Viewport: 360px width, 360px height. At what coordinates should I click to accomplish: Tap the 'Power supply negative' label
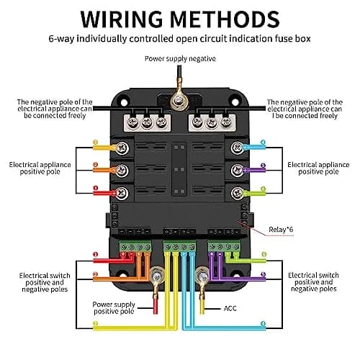click(x=180, y=59)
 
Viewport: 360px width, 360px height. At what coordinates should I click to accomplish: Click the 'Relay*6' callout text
click(x=281, y=230)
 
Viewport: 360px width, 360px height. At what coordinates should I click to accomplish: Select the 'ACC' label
click(x=230, y=308)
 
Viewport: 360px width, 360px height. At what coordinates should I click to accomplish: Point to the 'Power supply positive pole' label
click(x=114, y=308)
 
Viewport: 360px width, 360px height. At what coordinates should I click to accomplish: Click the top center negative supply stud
click(x=179, y=100)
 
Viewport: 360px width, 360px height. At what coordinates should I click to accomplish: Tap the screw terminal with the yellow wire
click(x=122, y=148)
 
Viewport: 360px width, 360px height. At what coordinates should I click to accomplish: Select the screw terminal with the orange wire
click(x=122, y=171)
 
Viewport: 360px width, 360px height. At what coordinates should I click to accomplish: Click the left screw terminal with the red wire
click(x=122, y=193)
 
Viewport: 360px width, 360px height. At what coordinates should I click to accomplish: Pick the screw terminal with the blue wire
click(x=238, y=148)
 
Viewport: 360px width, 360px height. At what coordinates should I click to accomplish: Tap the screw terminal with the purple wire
click(x=238, y=170)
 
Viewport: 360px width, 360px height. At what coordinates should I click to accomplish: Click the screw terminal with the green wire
click(x=238, y=193)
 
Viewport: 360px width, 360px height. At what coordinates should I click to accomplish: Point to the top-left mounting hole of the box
click(x=124, y=102)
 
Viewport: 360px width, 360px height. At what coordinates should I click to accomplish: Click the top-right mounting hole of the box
click(x=235, y=102)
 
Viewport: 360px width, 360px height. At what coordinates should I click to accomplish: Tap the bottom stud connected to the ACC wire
click(x=202, y=276)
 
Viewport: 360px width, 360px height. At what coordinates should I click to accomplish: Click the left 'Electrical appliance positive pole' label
click(x=40, y=168)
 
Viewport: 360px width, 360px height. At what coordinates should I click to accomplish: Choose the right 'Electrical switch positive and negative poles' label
click(x=313, y=282)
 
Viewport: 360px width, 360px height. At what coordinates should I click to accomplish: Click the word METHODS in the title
click(x=225, y=19)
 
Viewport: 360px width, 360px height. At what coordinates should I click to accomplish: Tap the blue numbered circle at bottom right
click(x=264, y=324)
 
